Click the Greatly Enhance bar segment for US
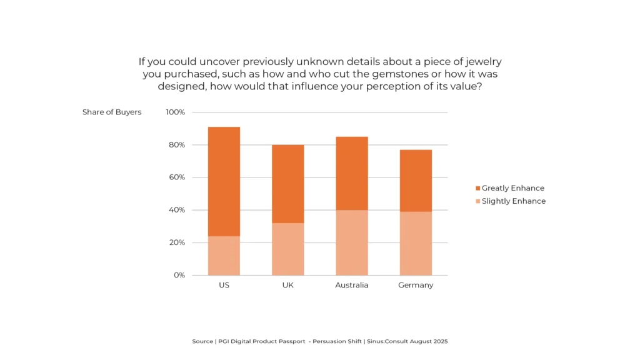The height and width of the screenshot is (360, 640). click(224, 181)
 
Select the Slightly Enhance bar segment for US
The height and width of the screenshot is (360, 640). click(224, 256)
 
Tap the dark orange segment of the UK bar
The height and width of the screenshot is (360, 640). click(287, 184)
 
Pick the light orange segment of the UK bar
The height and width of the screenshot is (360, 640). click(287, 249)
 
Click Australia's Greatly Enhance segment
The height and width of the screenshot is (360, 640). click(352, 173)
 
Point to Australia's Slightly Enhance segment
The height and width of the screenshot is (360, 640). click(352, 242)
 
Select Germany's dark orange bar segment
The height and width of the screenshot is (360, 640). click(416, 181)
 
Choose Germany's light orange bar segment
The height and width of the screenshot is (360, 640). click(416, 243)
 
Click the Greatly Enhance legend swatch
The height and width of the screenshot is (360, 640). click(478, 188)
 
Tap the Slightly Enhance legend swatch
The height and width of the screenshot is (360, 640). click(478, 201)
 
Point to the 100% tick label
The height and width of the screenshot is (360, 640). click(175, 112)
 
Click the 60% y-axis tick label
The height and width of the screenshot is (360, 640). click(177, 177)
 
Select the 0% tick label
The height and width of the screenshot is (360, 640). click(179, 275)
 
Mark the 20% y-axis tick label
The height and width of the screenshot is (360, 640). click(177, 242)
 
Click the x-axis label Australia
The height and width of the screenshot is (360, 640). click(352, 285)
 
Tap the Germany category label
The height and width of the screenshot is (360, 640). click(416, 285)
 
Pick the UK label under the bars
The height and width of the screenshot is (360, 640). click(287, 285)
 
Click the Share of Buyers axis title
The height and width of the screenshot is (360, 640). click(112, 112)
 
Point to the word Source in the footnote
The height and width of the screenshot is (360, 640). click(203, 342)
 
